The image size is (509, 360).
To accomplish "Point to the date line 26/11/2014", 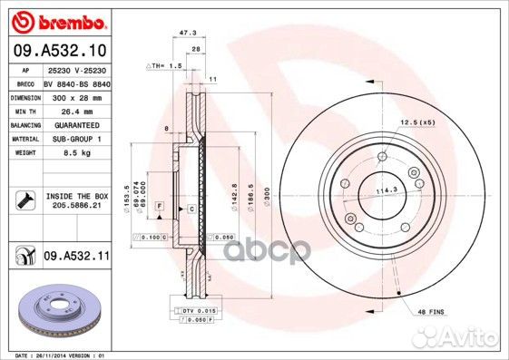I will tap(56, 355).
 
